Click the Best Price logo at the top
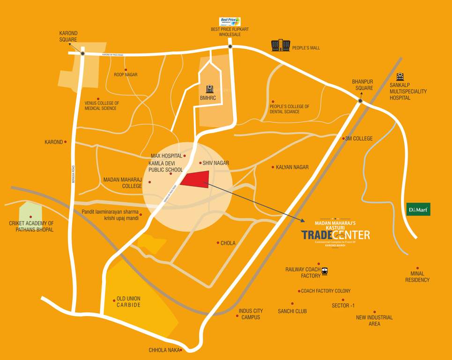230,22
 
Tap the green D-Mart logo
418,209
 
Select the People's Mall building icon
281,45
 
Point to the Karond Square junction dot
82,53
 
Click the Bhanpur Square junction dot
361,101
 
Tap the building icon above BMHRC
209,89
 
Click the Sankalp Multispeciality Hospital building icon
400,76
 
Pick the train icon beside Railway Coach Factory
325,270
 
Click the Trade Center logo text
335,234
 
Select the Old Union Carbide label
128,302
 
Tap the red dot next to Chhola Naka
181,350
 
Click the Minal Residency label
417,277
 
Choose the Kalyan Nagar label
292,167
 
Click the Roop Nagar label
126,75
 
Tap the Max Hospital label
166,156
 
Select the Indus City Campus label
251,314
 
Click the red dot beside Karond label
65,142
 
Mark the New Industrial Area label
374,321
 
